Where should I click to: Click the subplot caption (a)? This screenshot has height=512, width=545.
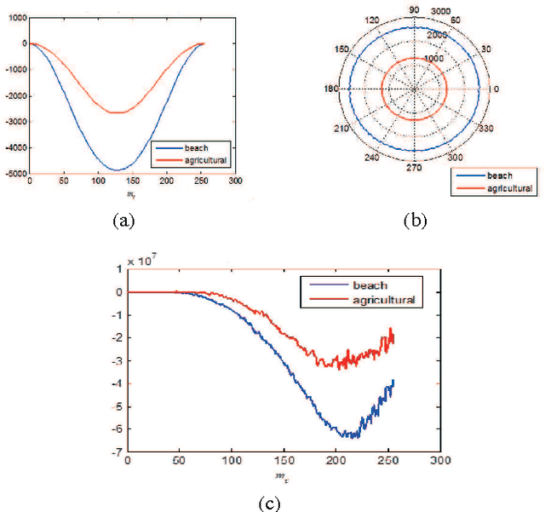coord(123,220)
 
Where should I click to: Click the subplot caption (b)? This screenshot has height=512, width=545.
coord(415,220)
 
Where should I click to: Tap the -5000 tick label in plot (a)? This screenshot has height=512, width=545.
coord(15,174)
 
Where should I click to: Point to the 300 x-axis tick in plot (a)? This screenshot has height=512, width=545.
coord(236,181)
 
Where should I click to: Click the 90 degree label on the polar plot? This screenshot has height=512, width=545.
coord(415,10)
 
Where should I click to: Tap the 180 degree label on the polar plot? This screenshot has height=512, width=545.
coord(332,89)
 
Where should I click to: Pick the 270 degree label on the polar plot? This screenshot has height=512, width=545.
coord(415,168)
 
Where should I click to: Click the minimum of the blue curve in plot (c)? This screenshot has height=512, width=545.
coord(350,437)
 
